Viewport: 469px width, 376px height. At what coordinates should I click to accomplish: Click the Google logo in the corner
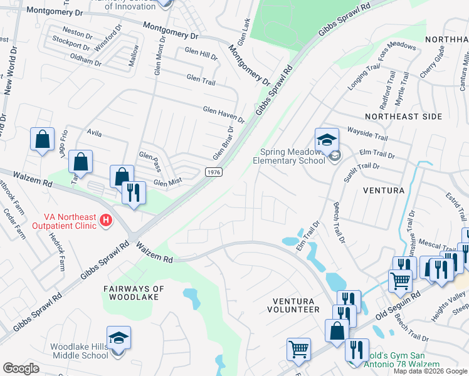click(21, 368)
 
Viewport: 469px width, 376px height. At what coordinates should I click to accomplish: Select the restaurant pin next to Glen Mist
click(134, 193)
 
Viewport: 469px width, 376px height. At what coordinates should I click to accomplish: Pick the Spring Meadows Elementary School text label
click(292, 155)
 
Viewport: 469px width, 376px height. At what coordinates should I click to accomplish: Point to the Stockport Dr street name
click(71, 44)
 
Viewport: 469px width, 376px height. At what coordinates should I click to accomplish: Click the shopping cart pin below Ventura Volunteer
click(299, 349)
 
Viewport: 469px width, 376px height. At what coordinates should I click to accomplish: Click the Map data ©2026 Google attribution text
click(429, 371)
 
